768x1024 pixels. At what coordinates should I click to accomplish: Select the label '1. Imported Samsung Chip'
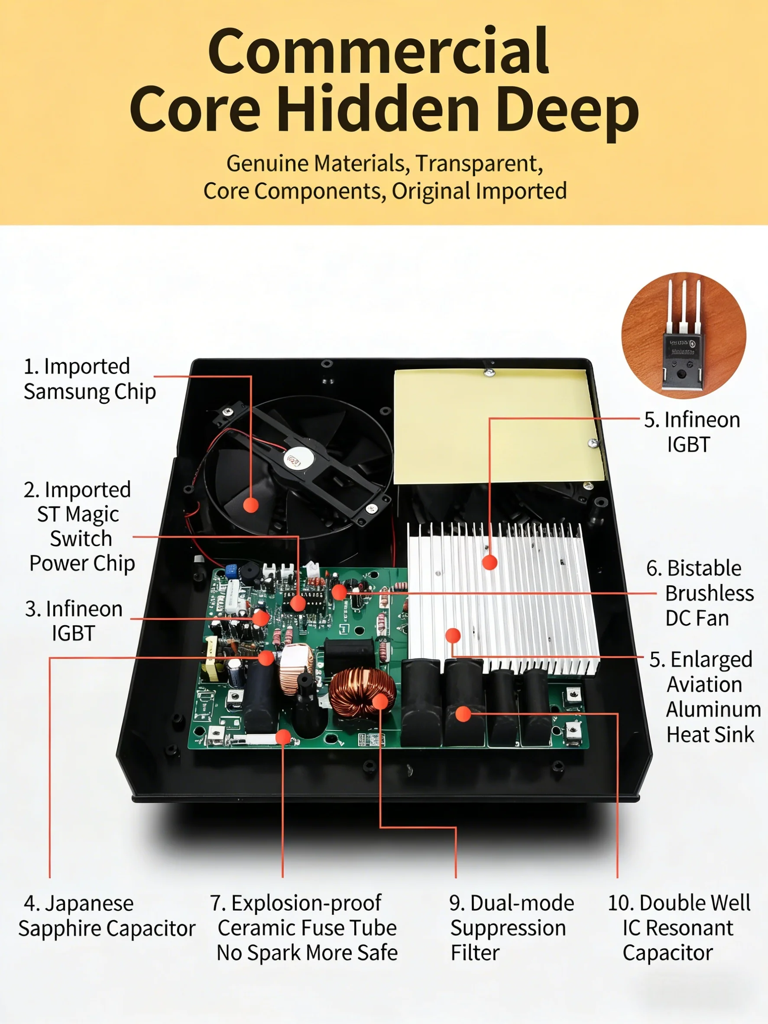tap(89, 379)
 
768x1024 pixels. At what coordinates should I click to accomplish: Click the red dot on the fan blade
tap(251, 505)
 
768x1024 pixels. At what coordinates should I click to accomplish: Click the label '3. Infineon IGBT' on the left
tap(74, 621)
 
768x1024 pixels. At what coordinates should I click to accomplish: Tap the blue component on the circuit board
tap(231, 571)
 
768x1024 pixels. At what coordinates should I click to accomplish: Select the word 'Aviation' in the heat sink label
tap(704, 684)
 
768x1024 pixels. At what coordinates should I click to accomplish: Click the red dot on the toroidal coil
tap(380, 701)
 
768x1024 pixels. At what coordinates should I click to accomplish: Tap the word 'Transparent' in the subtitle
tap(479, 163)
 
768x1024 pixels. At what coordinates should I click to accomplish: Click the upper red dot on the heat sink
tap(489, 562)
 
